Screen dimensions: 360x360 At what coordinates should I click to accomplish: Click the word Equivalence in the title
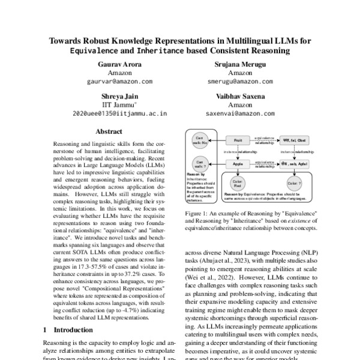tap(99, 51)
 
